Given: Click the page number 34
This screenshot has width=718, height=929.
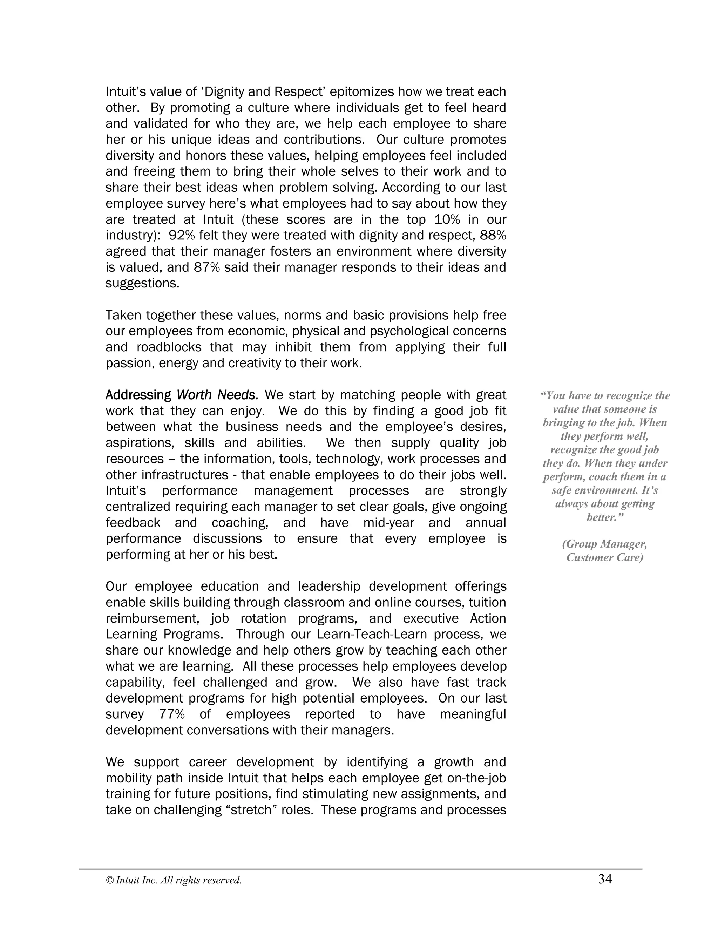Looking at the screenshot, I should click(605, 879).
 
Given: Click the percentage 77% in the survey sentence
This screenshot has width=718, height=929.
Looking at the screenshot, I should click(172, 714).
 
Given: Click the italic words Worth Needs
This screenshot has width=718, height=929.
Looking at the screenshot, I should click(217, 395).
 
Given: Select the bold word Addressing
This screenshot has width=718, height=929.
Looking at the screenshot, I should click(138, 395).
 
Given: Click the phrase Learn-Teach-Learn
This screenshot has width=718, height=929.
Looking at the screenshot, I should click(372, 634).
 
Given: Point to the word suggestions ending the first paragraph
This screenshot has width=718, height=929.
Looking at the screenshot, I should click(142, 283).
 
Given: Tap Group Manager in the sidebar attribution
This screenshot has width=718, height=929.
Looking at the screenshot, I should click(604, 544).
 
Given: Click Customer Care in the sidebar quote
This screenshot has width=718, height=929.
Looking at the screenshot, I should click(604, 557).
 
